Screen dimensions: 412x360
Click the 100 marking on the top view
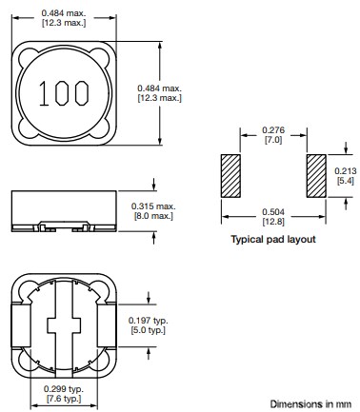64,93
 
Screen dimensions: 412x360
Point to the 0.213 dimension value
347,167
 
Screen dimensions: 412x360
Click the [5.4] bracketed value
347,179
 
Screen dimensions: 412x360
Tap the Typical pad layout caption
273,240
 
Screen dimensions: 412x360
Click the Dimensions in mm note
310,403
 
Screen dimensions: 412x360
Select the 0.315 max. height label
150,205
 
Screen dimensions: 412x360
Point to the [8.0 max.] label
150,216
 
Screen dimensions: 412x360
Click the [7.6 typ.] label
64,401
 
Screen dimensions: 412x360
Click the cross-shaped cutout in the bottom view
64,324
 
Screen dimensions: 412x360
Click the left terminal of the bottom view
17,324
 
